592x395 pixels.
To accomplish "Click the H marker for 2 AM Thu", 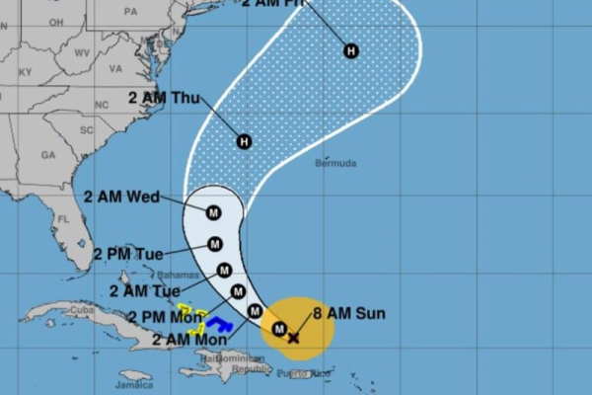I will (x=245, y=142).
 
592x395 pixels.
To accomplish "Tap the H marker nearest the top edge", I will (x=351, y=50).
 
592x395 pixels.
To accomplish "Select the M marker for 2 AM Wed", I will (x=213, y=210).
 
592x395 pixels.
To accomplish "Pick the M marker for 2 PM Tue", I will (x=215, y=244).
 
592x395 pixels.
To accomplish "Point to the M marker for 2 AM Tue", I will (x=224, y=271).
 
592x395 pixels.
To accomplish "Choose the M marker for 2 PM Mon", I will (x=238, y=291).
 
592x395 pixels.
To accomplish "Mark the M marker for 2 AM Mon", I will (x=255, y=312).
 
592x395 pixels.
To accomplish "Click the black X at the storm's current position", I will (x=293, y=338).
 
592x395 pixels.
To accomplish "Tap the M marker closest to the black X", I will (x=279, y=329).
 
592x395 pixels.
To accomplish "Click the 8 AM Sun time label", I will (x=350, y=315).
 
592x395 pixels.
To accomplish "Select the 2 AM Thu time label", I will (x=164, y=97).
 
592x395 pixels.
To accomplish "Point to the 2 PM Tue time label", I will (x=129, y=253).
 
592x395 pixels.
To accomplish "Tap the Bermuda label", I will (x=335, y=163).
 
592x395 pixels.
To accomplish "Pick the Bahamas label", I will (x=179, y=274).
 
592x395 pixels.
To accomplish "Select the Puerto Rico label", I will (x=302, y=373).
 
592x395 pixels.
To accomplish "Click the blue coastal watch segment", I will (x=218, y=324).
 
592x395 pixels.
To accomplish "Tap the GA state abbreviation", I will (x=48, y=154).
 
